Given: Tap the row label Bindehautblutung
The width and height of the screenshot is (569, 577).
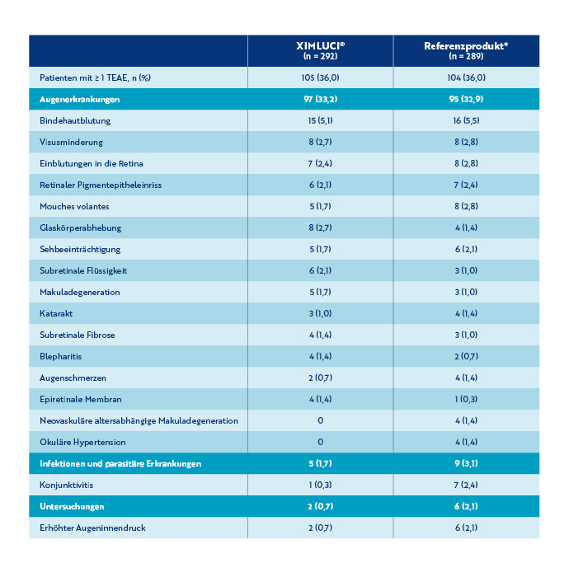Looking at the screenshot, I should [x=75, y=120].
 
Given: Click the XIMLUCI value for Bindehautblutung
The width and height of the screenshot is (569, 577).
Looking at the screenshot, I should [x=319, y=120].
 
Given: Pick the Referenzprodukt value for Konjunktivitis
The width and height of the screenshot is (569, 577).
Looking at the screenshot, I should [x=467, y=485].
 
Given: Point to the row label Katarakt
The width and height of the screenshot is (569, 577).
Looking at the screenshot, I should [x=56, y=313].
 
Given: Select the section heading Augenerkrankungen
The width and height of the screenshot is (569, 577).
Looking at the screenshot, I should [x=80, y=99].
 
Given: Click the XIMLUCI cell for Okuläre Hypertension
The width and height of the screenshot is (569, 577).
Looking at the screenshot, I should [x=319, y=442].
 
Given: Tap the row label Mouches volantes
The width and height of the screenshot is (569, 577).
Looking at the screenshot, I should [x=74, y=206].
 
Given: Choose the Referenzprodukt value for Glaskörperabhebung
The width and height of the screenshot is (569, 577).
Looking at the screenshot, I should [x=467, y=228].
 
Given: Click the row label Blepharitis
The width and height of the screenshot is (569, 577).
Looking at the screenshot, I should [x=61, y=356].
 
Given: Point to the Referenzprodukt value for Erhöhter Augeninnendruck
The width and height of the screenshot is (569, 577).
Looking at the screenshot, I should [x=467, y=528].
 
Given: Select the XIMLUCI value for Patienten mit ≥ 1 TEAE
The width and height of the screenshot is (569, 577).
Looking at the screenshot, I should [x=319, y=77].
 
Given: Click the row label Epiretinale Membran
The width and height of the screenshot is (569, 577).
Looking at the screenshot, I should [x=81, y=399].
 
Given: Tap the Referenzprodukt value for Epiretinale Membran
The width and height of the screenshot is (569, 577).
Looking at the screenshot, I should [x=467, y=399].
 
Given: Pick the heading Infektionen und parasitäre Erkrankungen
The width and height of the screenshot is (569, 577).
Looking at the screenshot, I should [x=120, y=463].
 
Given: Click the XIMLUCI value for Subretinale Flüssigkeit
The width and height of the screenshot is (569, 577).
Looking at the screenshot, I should [x=319, y=270].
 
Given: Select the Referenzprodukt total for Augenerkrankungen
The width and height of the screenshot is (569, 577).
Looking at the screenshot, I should [x=467, y=99].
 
